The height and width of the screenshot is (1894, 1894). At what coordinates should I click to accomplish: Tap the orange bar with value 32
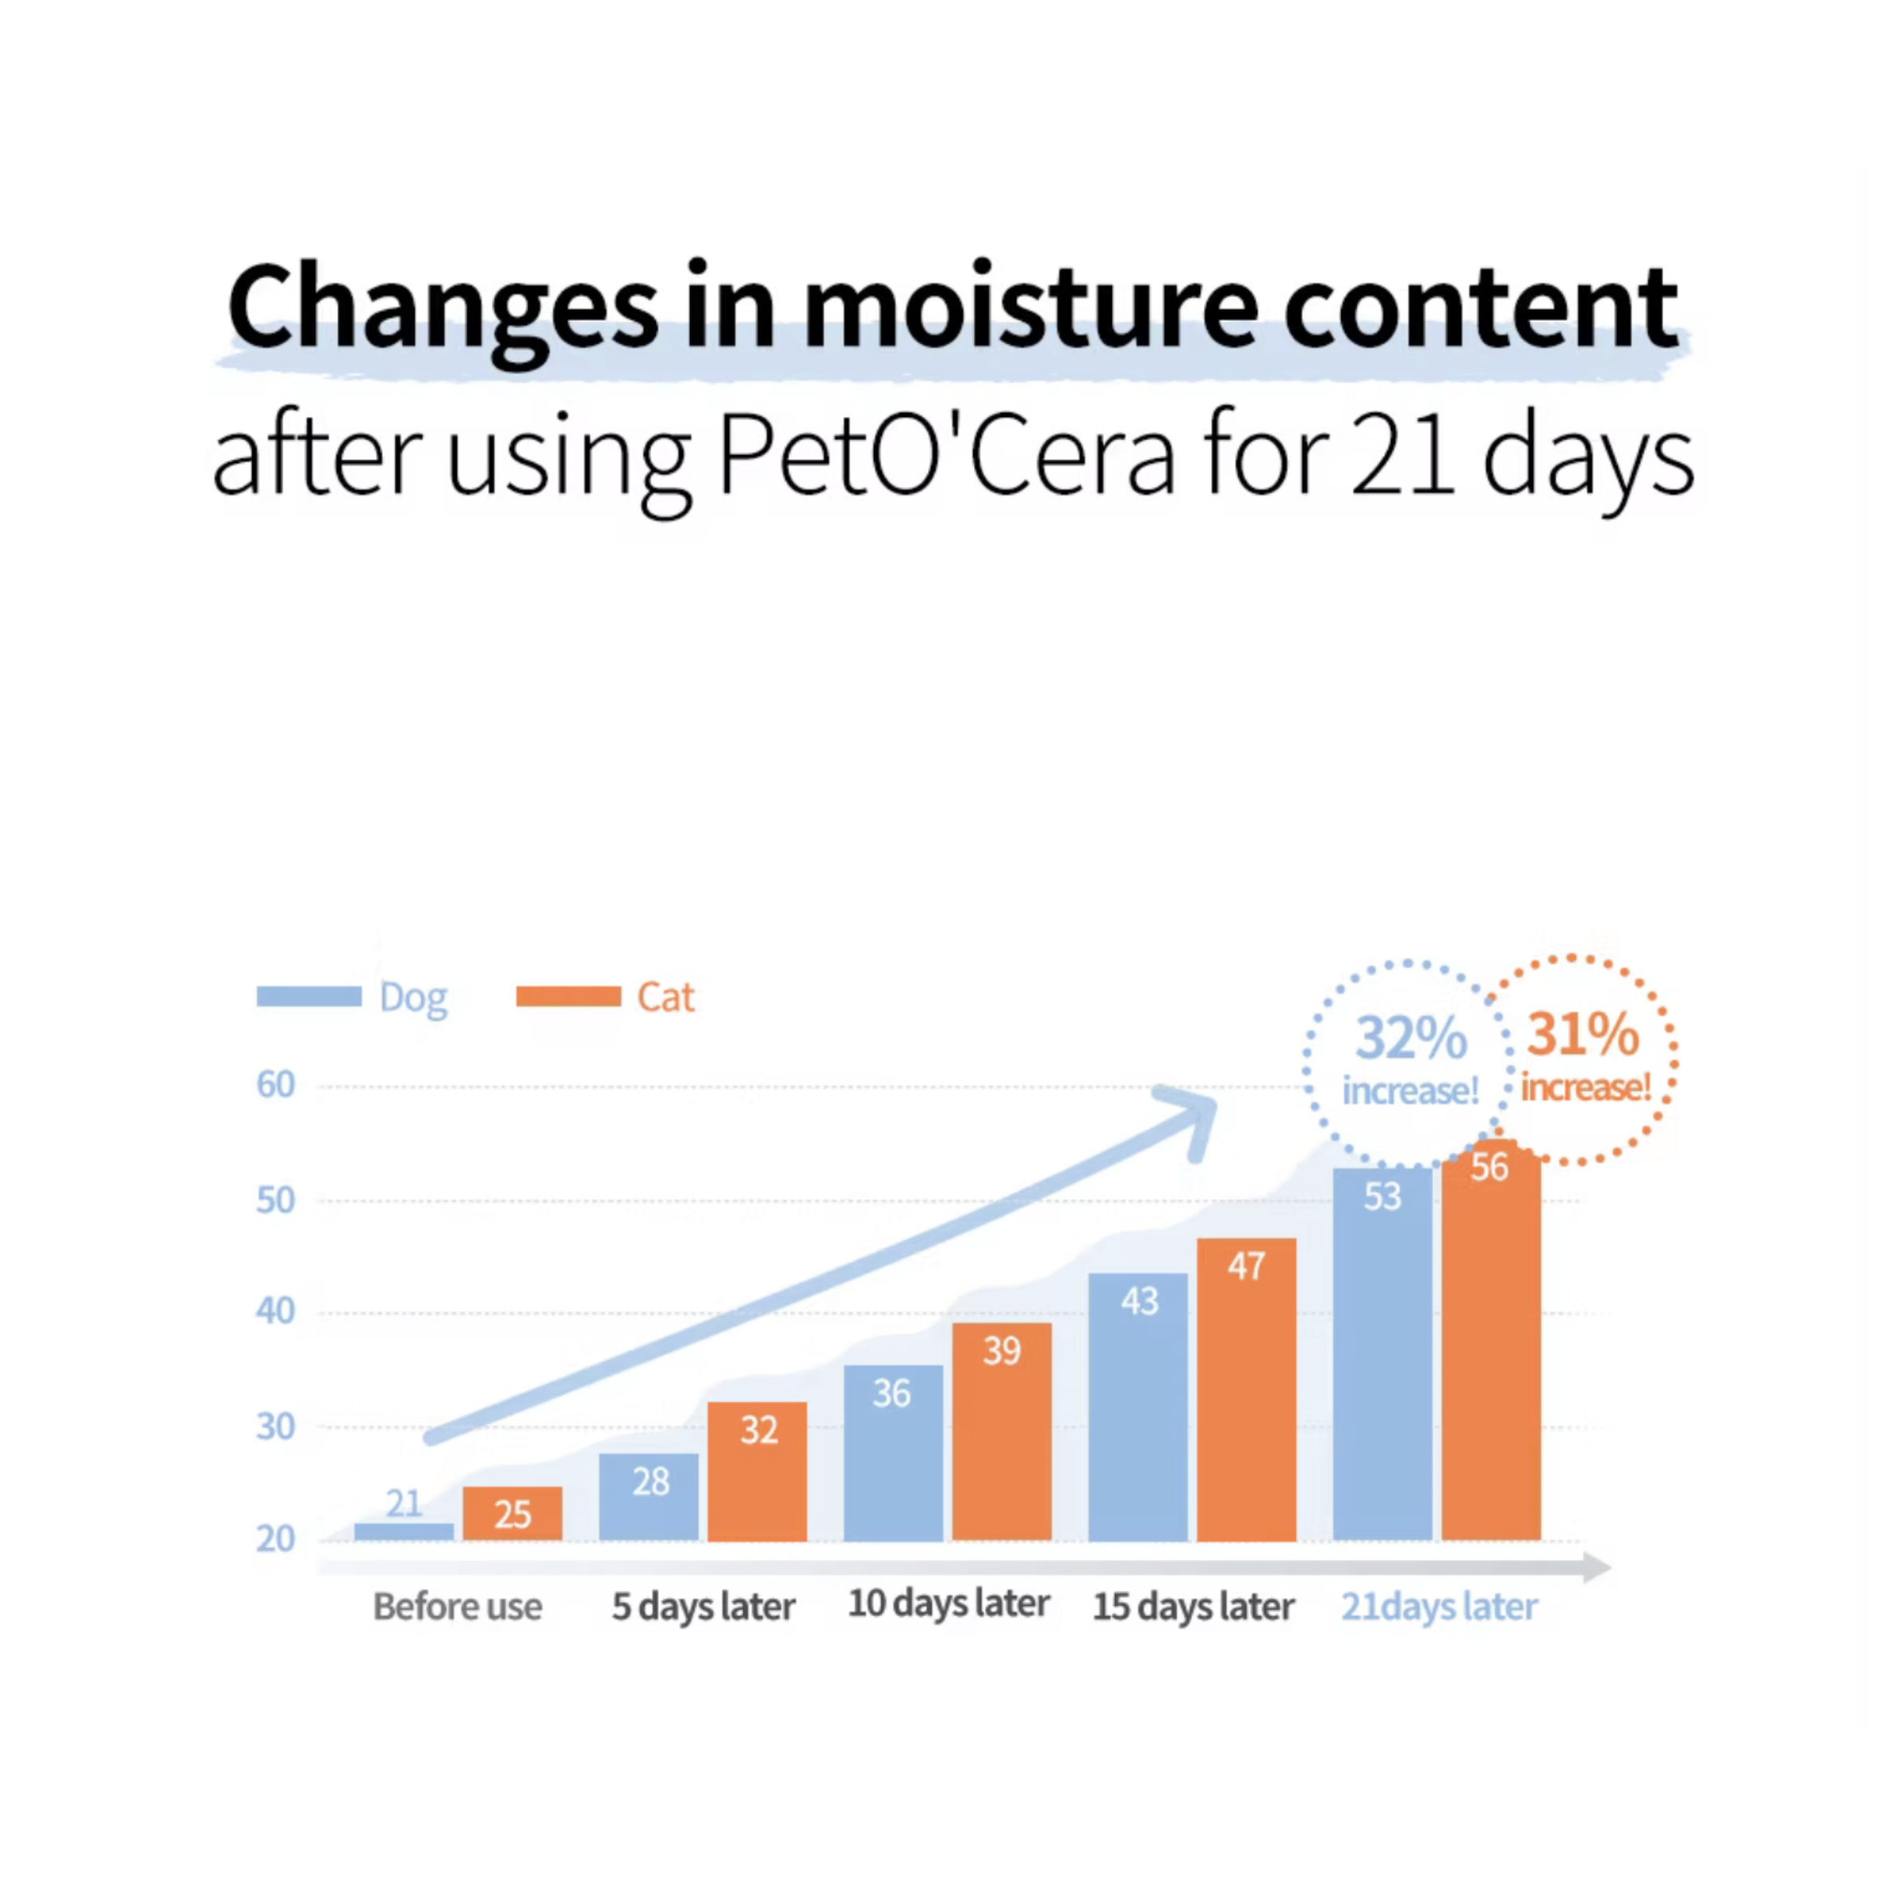(x=758, y=1471)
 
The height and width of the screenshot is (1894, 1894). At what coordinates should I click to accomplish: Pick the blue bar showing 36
(x=893, y=1453)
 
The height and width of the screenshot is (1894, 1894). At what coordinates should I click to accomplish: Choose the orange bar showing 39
(x=1002, y=1432)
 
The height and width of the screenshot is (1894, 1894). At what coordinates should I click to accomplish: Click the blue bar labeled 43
(x=1138, y=1407)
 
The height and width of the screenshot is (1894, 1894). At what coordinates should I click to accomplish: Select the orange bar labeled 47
(x=1247, y=1389)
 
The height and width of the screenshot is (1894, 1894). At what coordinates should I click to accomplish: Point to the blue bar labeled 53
(x=1382, y=1354)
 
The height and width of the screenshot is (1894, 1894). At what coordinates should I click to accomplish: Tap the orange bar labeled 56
(x=1491, y=1340)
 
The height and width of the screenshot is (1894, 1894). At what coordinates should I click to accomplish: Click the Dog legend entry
(x=352, y=997)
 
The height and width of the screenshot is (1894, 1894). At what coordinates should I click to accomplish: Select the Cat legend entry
(x=605, y=997)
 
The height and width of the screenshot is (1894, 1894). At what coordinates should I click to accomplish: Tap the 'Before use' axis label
(x=457, y=1607)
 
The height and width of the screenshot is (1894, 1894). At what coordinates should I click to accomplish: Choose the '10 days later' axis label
(x=949, y=1604)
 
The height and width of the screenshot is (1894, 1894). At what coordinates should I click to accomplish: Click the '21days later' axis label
(x=1439, y=1607)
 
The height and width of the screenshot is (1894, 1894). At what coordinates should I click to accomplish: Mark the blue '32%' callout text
(x=1412, y=1037)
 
